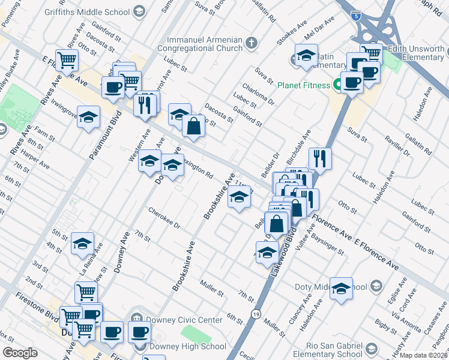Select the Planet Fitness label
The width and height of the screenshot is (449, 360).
tap(303, 85)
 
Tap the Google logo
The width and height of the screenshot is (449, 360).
tap(20, 352)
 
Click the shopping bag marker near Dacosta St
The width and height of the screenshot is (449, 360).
tap(194, 126)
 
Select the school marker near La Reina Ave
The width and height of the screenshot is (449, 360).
tap(82, 244)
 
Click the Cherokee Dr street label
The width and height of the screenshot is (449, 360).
tap(164, 219)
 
